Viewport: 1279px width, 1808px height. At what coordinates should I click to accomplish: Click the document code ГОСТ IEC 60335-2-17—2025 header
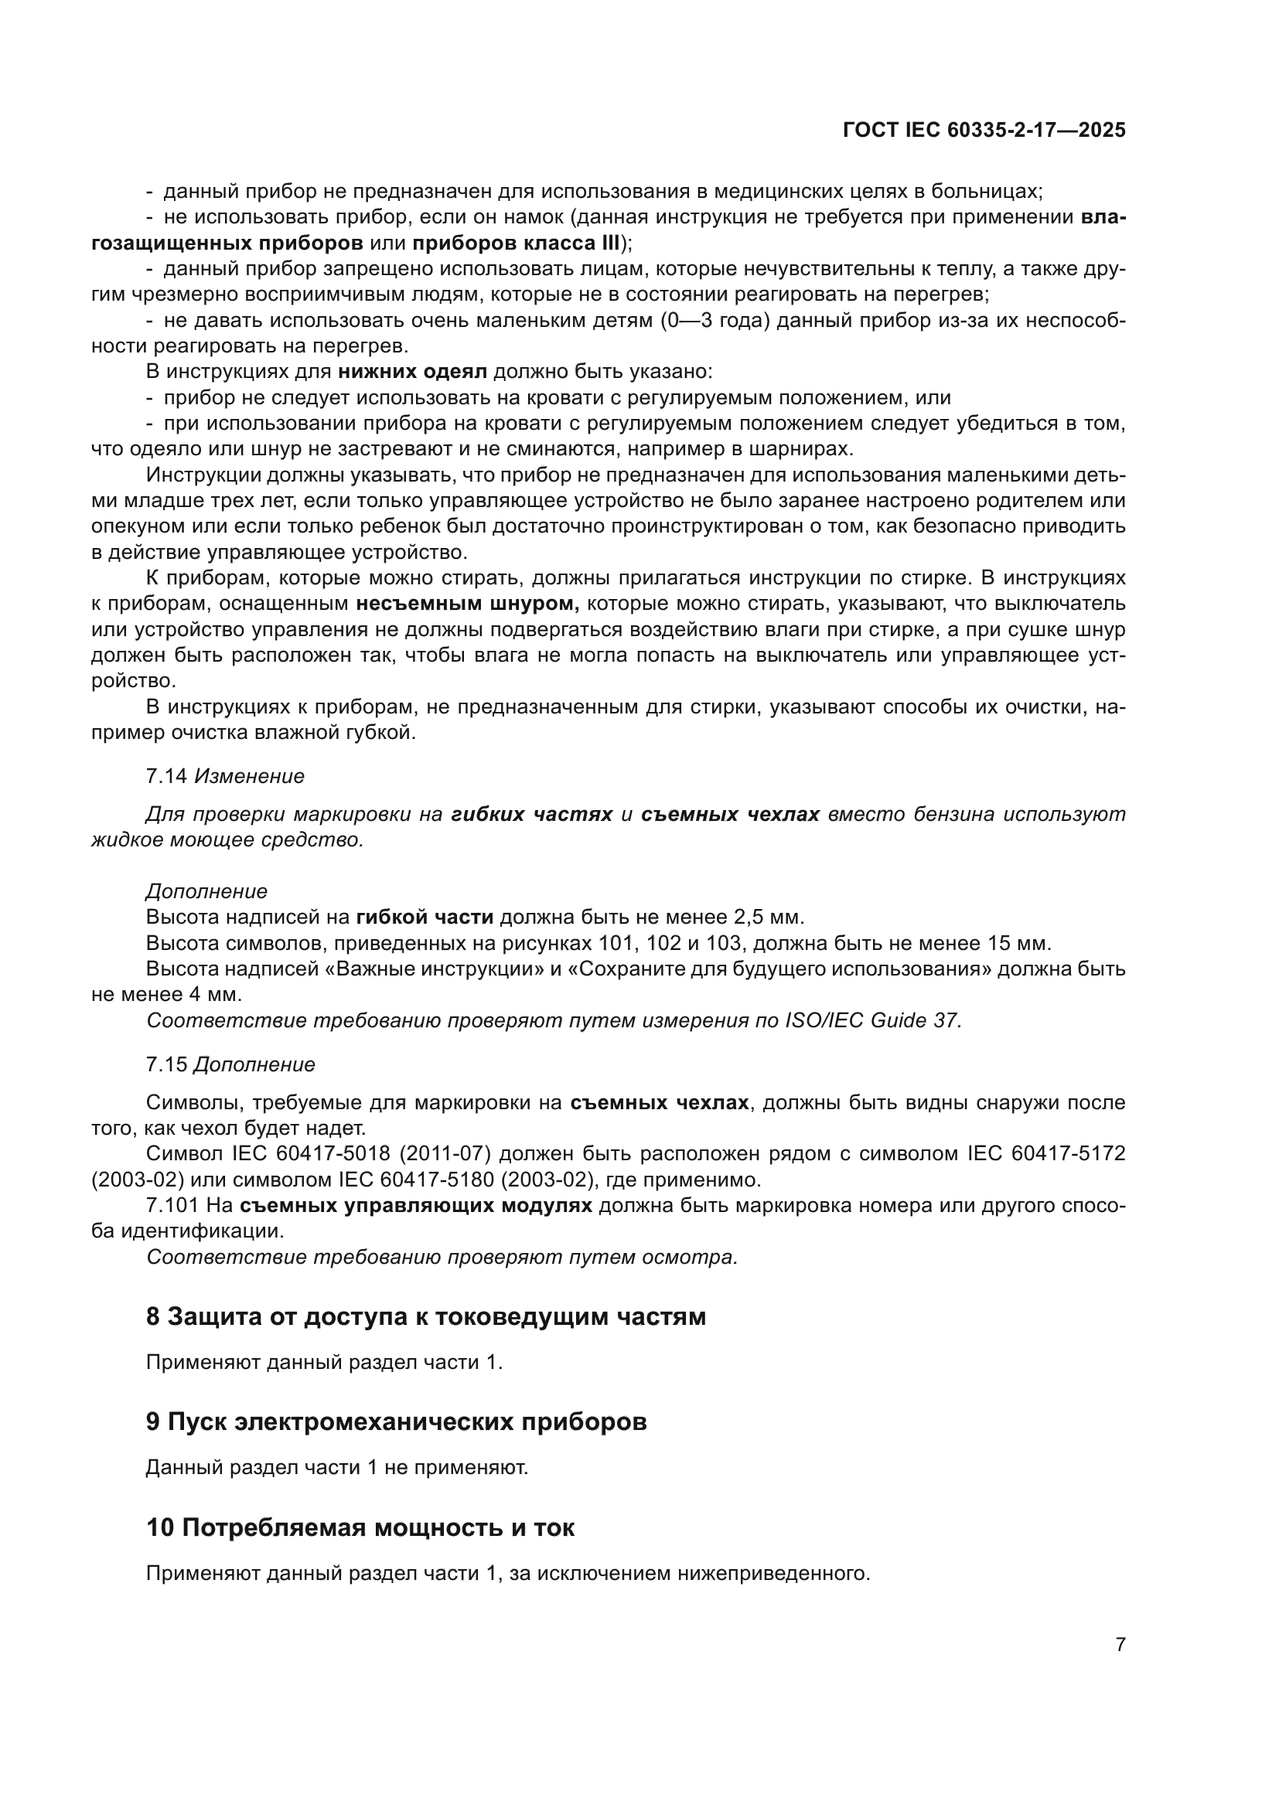pyautogui.click(x=983, y=130)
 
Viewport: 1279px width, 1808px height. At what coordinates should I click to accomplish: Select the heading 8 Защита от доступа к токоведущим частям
pyautogui.click(x=425, y=1316)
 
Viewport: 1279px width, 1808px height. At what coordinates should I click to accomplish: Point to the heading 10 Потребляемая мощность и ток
pyautogui.click(x=360, y=1528)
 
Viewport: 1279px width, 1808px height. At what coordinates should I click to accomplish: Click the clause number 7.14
pyautogui.click(x=166, y=776)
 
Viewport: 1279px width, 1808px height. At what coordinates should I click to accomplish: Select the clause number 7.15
pyautogui.click(x=166, y=1064)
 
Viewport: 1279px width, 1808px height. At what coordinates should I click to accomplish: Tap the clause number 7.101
pyautogui.click(x=172, y=1206)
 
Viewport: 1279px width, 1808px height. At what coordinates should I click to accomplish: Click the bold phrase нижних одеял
pyautogui.click(x=413, y=372)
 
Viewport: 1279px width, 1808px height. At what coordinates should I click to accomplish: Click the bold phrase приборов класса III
pyautogui.click(x=517, y=243)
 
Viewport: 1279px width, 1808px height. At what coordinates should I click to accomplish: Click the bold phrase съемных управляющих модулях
pyautogui.click(x=416, y=1206)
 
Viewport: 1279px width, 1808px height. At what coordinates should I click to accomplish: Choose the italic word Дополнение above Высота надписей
pyautogui.click(x=206, y=891)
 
